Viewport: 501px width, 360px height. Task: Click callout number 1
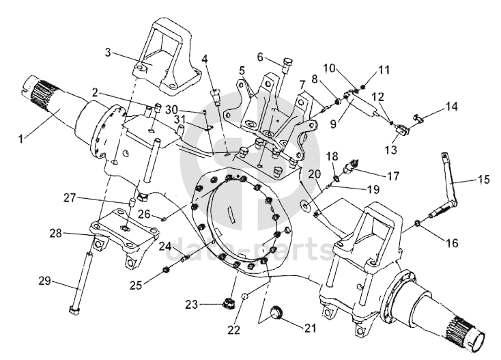tap(21, 139)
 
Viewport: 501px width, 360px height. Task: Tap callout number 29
tap(45, 281)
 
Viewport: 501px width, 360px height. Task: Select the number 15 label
tap(485, 180)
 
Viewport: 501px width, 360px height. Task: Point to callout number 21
tap(311, 329)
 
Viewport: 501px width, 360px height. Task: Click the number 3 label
tap(109, 52)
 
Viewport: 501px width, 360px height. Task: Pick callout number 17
tap(393, 176)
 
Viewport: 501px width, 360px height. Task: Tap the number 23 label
tap(192, 305)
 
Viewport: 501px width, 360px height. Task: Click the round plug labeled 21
tap(276, 311)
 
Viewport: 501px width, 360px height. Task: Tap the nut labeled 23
tap(227, 302)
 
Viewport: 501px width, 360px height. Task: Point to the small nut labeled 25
tap(166, 271)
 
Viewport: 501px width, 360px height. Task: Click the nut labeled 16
tap(418, 223)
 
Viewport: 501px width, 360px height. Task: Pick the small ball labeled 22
tap(245, 296)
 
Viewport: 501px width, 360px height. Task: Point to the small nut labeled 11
tap(362, 86)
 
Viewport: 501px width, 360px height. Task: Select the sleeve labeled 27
tap(130, 204)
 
